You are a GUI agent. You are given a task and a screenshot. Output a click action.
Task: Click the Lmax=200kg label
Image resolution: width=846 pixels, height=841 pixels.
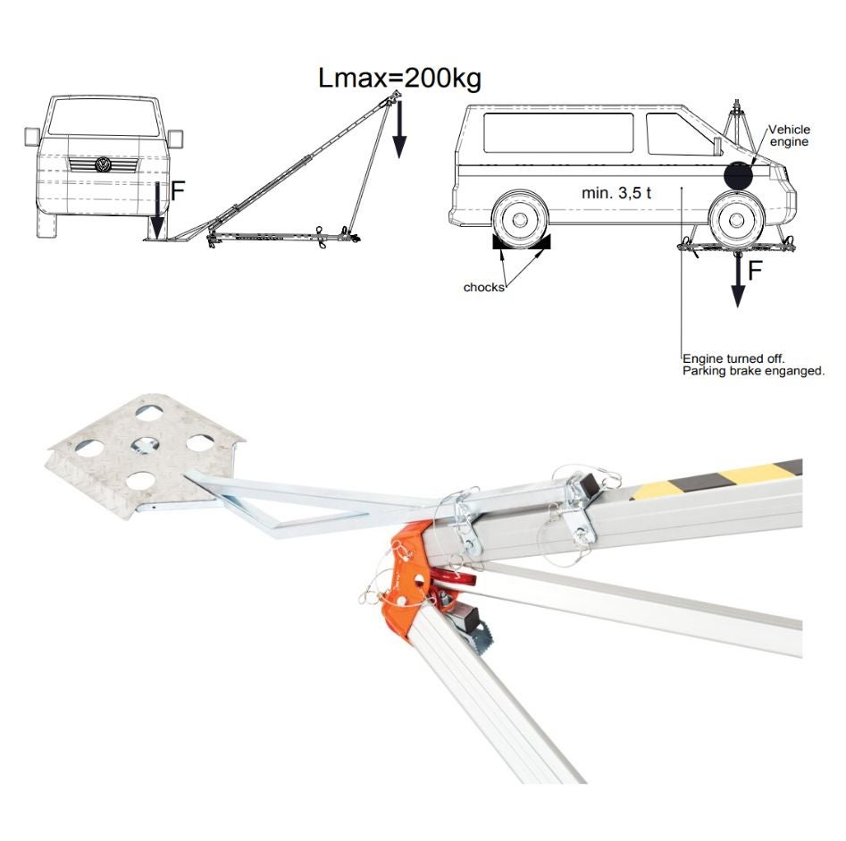point(399,79)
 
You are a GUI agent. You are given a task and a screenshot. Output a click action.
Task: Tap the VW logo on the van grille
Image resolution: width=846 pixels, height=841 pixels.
point(103,164)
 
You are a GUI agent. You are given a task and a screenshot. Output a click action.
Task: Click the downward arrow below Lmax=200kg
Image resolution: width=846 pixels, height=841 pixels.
point(398,129)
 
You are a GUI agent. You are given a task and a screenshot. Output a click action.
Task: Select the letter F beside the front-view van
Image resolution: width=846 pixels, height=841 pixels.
point(178,190)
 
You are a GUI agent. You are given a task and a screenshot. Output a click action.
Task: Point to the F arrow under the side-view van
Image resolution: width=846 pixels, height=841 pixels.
point(738,279)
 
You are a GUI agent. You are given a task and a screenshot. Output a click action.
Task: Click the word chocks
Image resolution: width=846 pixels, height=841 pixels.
point(483,287)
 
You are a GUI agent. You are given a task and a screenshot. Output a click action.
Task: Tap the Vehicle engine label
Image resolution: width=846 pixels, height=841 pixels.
point(789,136)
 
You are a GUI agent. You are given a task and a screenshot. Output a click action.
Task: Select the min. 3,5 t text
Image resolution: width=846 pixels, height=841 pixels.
point(616,193)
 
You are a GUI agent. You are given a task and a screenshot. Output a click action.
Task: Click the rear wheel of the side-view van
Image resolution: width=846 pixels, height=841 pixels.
point(520,219)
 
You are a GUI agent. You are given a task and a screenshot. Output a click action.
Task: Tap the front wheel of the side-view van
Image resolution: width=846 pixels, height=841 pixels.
point(736,220)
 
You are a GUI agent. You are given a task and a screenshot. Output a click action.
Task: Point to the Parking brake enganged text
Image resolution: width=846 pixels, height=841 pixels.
point(754,372)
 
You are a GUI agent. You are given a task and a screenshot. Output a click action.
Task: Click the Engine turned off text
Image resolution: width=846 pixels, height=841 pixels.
point(733,358)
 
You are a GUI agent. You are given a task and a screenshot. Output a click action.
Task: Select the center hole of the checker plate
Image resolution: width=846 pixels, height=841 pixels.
point(145,445)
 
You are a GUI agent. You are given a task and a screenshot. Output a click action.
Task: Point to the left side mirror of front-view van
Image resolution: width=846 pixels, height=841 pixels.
point(32,137)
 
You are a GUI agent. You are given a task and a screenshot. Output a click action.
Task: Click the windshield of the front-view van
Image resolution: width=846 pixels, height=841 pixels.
point(104,117)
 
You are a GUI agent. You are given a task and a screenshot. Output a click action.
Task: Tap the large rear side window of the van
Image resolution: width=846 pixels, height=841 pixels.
point(558,133)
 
